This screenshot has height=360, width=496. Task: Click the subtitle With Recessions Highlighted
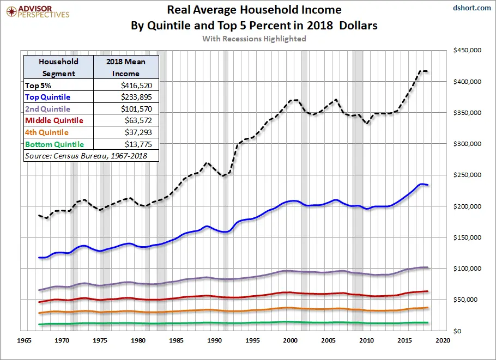click(x=253, y=39)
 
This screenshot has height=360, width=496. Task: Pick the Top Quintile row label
click(x=47, y=97)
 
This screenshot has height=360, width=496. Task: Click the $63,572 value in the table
click(x=140, y=120)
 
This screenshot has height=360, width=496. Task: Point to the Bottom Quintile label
click(x=55, y=144)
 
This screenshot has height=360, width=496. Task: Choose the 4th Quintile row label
click(x=47, y=132)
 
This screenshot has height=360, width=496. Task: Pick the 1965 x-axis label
click(x=25, y=340)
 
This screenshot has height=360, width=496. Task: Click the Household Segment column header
click(x=58, y=68)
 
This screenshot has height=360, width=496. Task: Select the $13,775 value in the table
click(x=140, y=144)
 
